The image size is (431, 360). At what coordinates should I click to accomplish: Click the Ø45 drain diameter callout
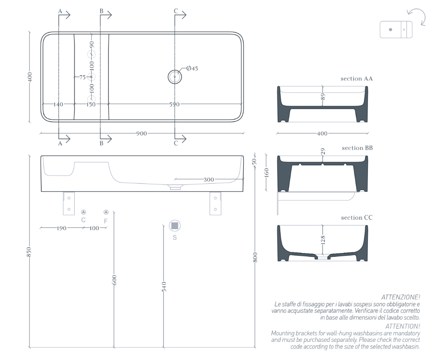tap(192, 68)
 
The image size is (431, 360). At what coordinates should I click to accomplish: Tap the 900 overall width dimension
tap(142, 134)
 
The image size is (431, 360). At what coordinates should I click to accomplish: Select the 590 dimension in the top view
tap(175, 104)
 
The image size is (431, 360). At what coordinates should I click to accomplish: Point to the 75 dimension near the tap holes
tap(83, 77)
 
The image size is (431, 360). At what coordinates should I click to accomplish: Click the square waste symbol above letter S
tap(175, 226)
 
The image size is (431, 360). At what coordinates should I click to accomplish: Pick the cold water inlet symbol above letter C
tap(83, 212)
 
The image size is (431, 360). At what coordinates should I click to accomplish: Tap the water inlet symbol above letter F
tap(106, 212)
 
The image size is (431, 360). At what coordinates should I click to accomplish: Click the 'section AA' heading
tap(357, 78)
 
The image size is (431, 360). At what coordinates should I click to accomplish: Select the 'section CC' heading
tap(357, 218)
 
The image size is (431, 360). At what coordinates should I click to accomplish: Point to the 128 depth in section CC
tap(323, 239)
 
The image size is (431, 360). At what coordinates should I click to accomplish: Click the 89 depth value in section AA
tap(323, 97)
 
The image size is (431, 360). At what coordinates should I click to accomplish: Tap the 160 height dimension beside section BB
tap(266, 173)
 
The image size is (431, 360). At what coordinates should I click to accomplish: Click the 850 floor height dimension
tap(29, 252)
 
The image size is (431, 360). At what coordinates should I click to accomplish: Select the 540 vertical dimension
tap(164, 287)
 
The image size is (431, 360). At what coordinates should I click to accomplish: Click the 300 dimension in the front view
tap(208, 180)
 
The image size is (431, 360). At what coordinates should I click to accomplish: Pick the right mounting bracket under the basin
tap(215, 203)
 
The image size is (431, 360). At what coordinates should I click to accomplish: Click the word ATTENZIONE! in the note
tap(400, 297)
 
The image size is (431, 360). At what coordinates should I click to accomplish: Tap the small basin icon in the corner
tap(396, 29)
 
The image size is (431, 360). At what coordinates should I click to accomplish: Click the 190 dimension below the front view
tap(61, 228)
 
